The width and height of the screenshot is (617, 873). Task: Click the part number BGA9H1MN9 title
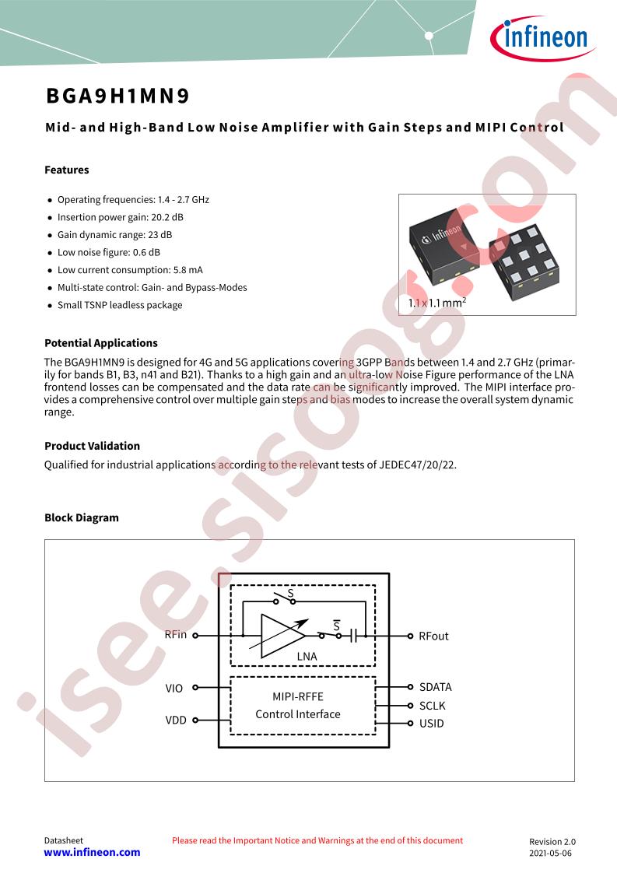pyautogui.click(x=118, y=96)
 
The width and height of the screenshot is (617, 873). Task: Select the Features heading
pyautogui.click(x=67, y=170)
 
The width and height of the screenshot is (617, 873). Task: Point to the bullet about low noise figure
pyautogui.click(x=109, y=252)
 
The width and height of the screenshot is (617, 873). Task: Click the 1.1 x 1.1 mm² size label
pyautogui.click(x=437, y=303)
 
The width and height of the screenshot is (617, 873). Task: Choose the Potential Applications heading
pyautogui.click(x=101, y=343)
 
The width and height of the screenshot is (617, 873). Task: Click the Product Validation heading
pyautogui.click(x=92, y=446)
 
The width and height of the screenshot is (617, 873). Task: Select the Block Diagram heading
pyautogui.click(x=81, y=517)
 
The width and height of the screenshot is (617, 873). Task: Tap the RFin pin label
pyautogui.click(x=175, y=635)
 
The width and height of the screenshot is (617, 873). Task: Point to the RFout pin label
pyautogui.click(x=433, y=636)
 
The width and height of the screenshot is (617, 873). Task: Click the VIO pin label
pyautogui.click(x=174, y=688)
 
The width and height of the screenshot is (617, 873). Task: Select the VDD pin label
pyautogui.click(x=175, y=720)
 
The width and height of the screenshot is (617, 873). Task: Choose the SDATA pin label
pyautogui.click(x=436, y=687)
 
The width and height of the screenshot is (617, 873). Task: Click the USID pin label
pyautogui.click(x=432, y=724)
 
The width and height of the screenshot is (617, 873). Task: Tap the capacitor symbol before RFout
pyautogui.click(x=353, y=635)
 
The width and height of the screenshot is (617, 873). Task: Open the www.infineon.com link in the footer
pyautogui.click(x=92, y=853)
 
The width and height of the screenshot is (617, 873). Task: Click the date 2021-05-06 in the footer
pyautogui.click(x=550, y=853)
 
